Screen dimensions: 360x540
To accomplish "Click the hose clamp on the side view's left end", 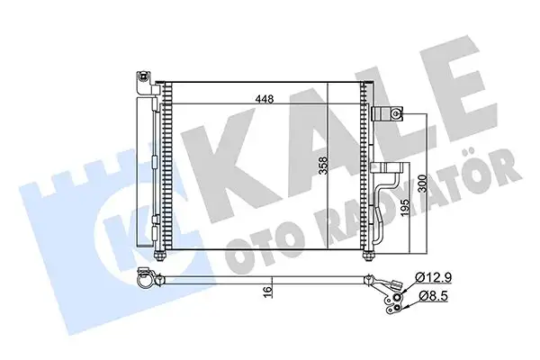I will (143, 281).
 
